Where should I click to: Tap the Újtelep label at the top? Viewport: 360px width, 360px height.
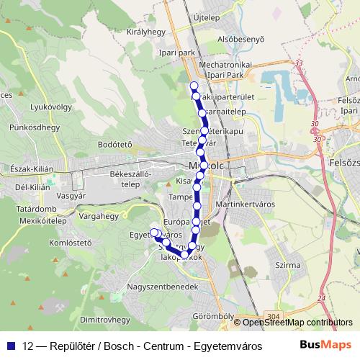[206, 16]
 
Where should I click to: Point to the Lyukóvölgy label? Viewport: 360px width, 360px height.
[30, 109]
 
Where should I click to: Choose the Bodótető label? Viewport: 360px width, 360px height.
[114, 145]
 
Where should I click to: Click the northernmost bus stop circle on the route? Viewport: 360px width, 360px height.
[194, 86]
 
